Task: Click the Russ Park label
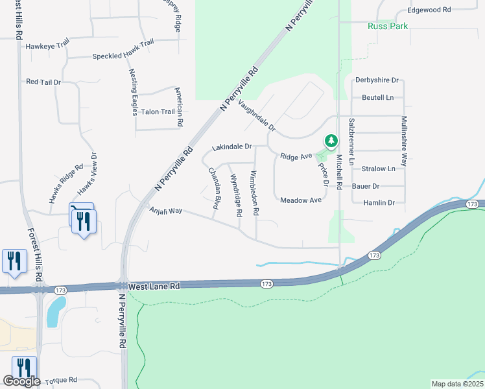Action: (x=388, y=27)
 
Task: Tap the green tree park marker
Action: (x=331, y=141)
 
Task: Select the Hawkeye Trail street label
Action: (x=47, y=46)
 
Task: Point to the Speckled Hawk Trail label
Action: (x=123, y=57)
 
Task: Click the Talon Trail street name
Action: (x=158, y=112)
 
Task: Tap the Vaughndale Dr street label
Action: (x=257, y=115)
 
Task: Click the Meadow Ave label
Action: (x=301, y=200)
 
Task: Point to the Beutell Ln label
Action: (x=377, y=97)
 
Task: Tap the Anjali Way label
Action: (x=166, y=211)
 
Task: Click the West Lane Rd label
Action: (x=154, y=286)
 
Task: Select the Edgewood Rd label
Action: (x=429, y=10)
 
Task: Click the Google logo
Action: (x=21, y=381)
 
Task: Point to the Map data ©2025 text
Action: (x=457, y=384)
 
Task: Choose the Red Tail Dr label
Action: (x=43, y=82)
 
